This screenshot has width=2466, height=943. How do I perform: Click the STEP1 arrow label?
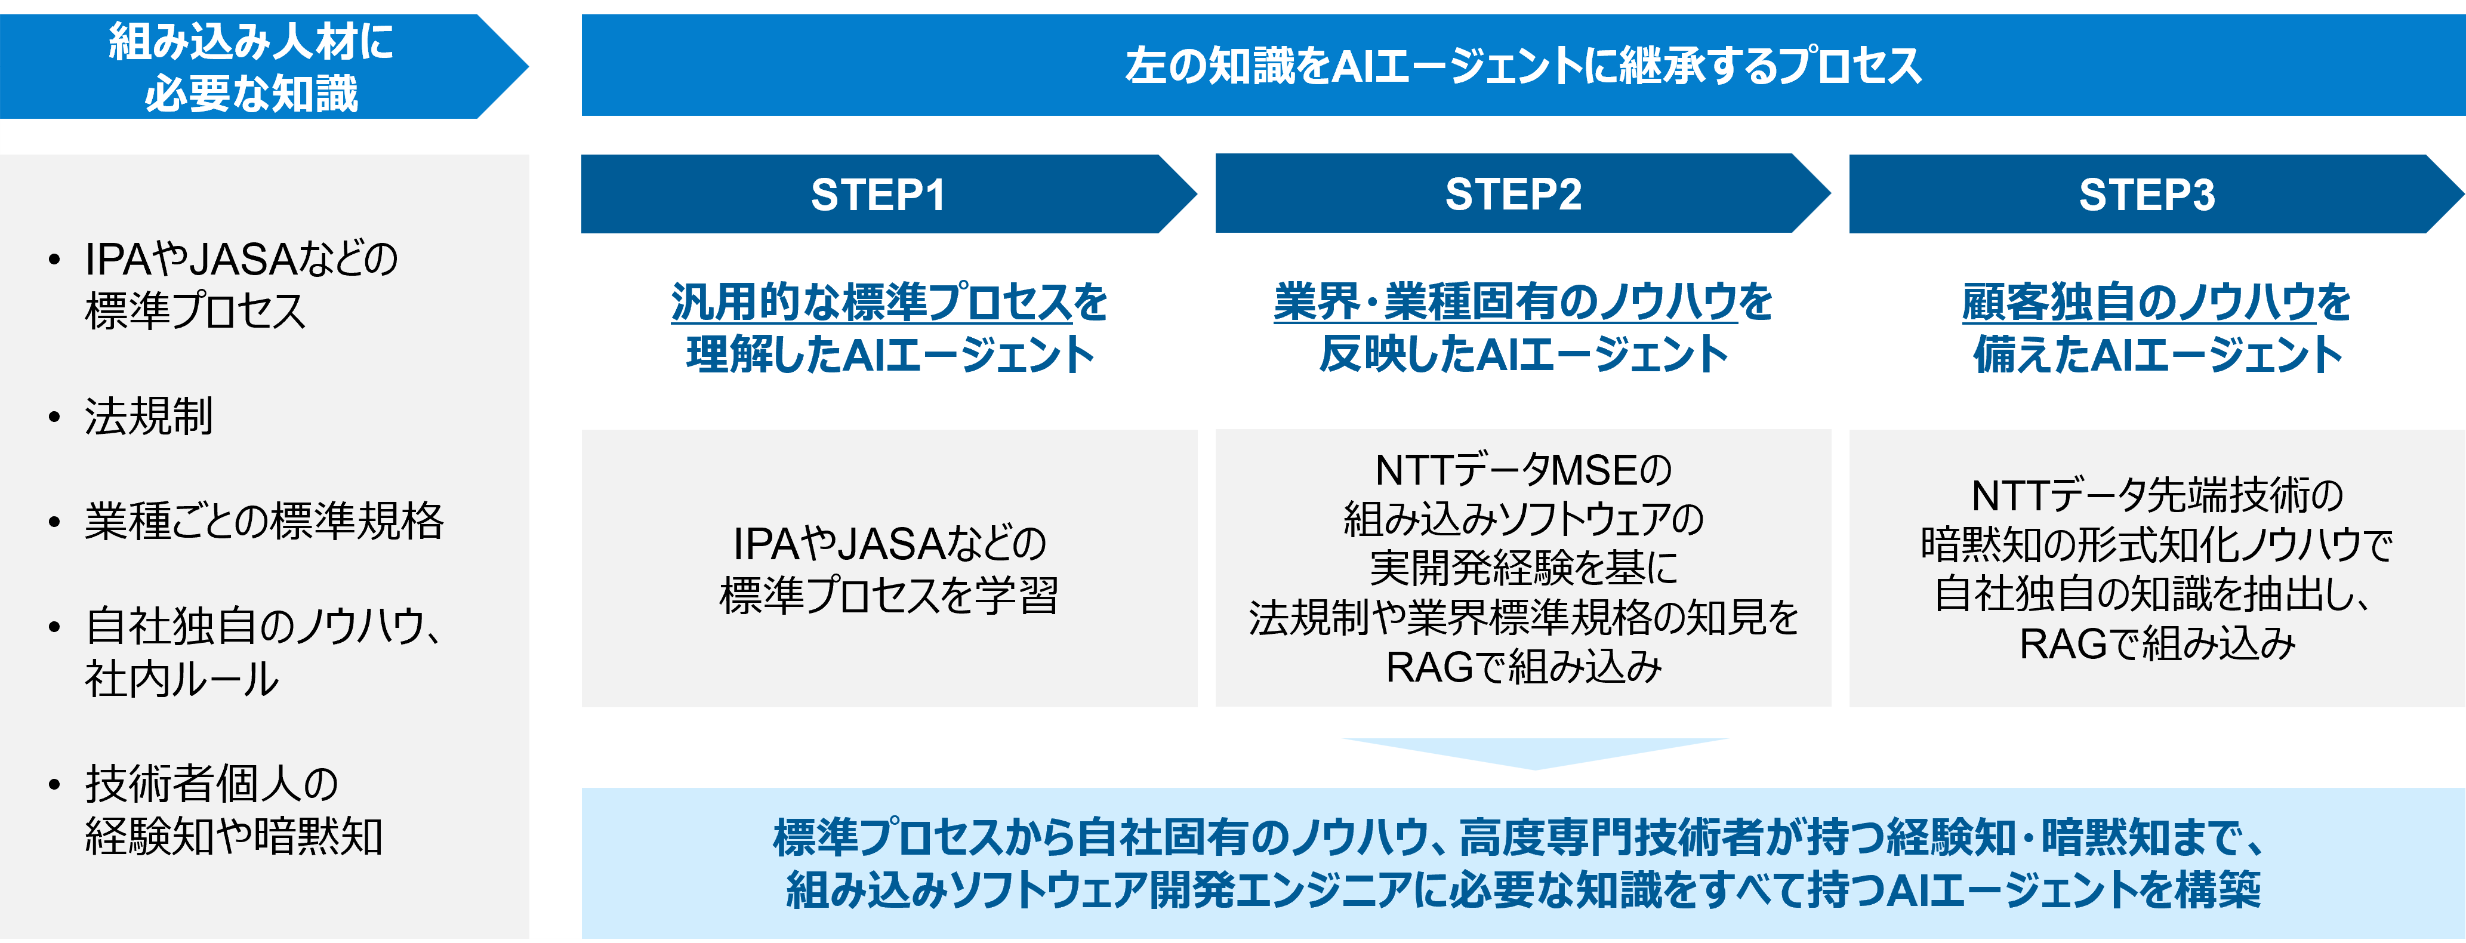coord(878,195)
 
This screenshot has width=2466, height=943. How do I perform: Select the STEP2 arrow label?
coord(1512,195)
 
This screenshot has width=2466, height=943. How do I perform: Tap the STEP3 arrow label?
coord(2146,195)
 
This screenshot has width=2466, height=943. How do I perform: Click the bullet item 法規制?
coord(149,417)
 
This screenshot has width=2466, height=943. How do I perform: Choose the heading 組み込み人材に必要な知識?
coord(251,67)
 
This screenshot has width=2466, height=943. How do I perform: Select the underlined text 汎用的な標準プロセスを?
coord(889,303)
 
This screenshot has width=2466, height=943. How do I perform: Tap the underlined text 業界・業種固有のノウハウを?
coord(1522,303)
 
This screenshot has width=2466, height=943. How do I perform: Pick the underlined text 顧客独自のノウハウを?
coord(2156,303)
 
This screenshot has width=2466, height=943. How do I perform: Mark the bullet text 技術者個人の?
coord(211,784)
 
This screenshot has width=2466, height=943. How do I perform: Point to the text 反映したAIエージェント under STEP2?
coord(1522,355)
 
